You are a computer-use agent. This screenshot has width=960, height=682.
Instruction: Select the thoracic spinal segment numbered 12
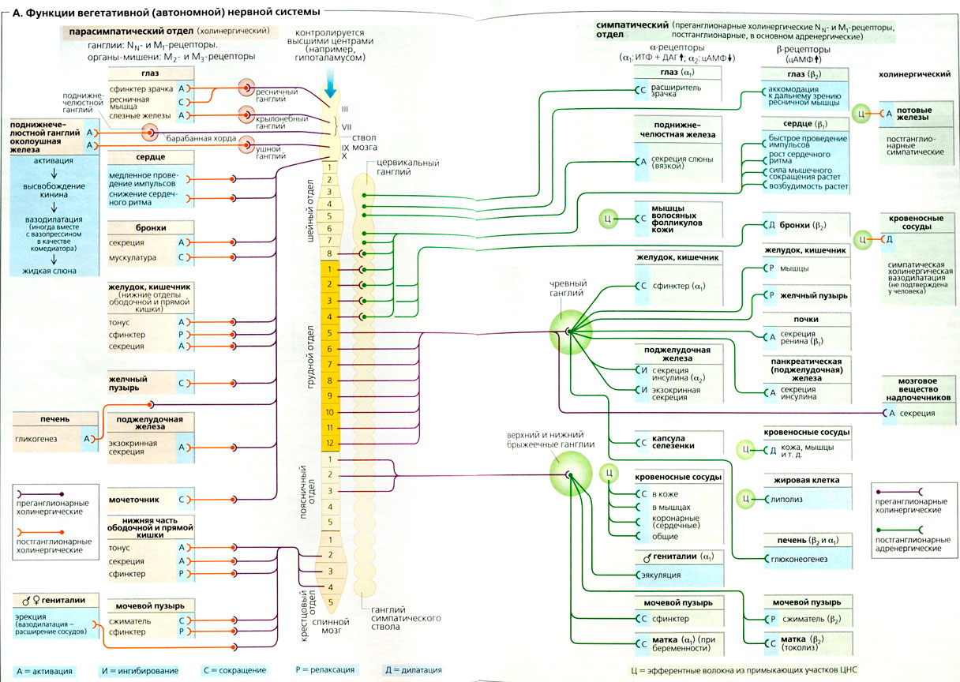coord(330,443)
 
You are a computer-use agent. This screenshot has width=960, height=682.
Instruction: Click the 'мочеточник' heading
coord(134,499)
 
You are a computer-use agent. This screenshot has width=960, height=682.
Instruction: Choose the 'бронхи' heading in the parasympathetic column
coord(150,227)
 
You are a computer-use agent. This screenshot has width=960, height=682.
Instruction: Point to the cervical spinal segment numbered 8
coord(330,253)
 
